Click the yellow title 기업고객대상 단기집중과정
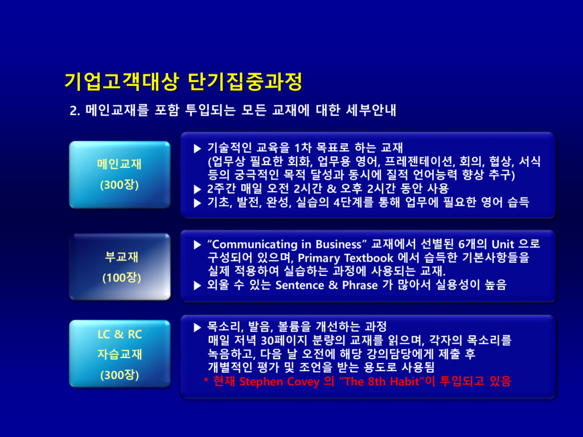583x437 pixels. [183, 81]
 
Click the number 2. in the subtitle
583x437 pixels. [75, 111]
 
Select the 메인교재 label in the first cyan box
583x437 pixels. [120, 164]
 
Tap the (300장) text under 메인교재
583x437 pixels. [120, 185]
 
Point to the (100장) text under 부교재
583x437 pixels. [122, 278]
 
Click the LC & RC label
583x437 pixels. [120, 334]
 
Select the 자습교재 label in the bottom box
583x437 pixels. [120, 354]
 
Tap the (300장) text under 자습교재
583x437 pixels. [120, 374]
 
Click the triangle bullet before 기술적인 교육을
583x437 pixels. [198, 149]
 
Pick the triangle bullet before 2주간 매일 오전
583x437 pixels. [198, 189]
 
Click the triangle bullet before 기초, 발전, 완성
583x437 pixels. [198, 203]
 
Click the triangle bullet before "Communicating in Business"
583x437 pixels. [198, 245]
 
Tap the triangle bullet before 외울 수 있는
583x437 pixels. [198, 286]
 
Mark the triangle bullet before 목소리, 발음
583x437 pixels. [198, 327]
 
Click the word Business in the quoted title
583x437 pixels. [338, 244]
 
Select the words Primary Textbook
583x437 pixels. [346, 258]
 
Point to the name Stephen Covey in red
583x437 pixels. [279, 382]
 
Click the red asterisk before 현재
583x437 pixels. [206, 380]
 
